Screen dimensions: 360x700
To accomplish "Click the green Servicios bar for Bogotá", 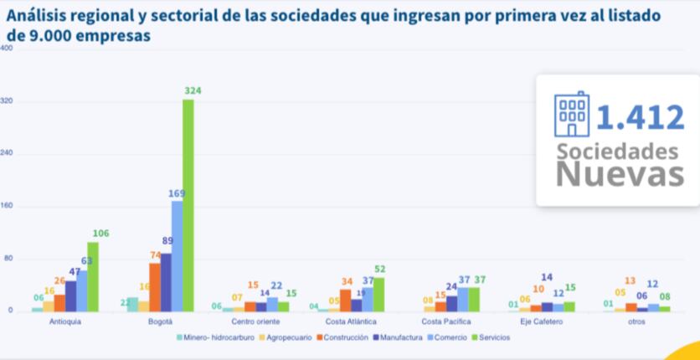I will pyautogui.click(x=188, y=205).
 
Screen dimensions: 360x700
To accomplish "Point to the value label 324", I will pyautogui.click(x=193, y=90).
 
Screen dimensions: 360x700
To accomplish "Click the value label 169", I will pyautogui.click(x=177, y=193).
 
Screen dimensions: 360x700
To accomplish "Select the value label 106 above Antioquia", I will pyautogui.click(x=100, y=234).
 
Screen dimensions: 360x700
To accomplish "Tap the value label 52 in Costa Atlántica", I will pyautogui.click(x=380, y=269).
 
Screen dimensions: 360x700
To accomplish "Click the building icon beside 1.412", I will pyautogui.click(x=573, y=114).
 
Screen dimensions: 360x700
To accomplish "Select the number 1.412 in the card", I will pyautogui.click(x=640, y=116).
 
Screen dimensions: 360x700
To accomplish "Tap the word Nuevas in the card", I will pyautogui.click(x=616, y=175).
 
